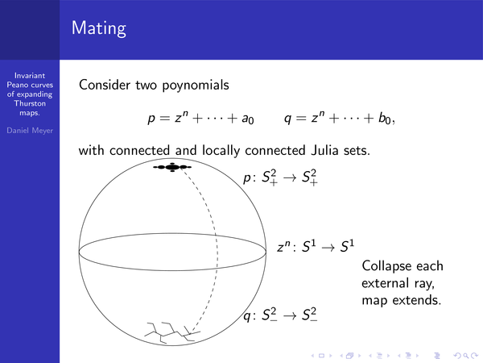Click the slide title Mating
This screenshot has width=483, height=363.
click(99, 28)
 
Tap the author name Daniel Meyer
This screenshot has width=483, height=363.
click(30, 131)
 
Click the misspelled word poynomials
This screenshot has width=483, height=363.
click(196, 86)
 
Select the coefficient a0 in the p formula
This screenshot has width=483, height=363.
click(248, 119)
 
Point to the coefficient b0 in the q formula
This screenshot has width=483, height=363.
click(385, 119)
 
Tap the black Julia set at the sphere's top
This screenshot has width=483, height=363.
click(172, 167)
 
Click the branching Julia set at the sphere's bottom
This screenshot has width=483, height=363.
click(172, 332)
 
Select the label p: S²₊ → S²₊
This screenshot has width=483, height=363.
click(281, 177)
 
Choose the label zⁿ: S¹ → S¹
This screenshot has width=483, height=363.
click(316, 247)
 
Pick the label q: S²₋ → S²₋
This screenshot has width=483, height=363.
click(280, 315)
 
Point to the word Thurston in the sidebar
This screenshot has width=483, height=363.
click(30, 103)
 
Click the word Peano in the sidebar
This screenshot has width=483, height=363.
click(19, 85)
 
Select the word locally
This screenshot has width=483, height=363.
click(221, 151)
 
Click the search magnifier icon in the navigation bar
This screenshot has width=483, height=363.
click(466, 356)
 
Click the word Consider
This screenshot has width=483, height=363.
click(105, 85)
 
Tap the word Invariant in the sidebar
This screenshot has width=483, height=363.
click(30, 76)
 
